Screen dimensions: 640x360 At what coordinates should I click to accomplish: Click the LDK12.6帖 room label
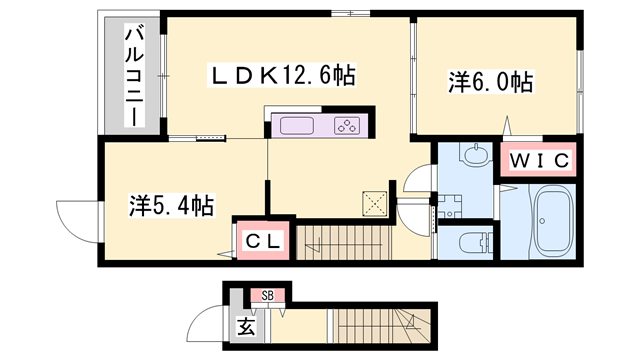pyautogui.click(x=282, y=75)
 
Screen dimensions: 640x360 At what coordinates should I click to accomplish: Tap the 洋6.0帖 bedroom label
pyautogui.click(x=491, y=82)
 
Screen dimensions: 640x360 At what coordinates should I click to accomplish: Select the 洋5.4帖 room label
pyautogui.click(x=171, y=205)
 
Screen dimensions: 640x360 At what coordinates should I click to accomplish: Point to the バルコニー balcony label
pyautogui.click(x=134, y=76)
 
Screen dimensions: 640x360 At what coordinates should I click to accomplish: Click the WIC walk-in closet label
pyautogui.click(x=538, y=160)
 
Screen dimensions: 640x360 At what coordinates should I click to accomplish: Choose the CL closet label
pyautogui.click(x=263, y=241)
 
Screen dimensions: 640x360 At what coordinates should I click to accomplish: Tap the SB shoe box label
pyautogui.click(x=268, y=295)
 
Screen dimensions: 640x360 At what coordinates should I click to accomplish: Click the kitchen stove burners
pyautogui.click(x=347, y=125)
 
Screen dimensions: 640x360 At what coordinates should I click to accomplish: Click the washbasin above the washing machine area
pyautogui.click(x=476, y=155)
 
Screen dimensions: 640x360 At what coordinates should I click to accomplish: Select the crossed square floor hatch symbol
pyautogui.click(x=375, y=203)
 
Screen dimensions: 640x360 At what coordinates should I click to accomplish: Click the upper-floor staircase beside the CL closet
pyautogui.click(x=343, y=242)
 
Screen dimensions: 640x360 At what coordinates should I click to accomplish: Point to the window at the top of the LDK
pyautogui.click(x=350, y=13)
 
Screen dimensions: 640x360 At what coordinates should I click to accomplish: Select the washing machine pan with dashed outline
pyautogui.click(x=450, y=206)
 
